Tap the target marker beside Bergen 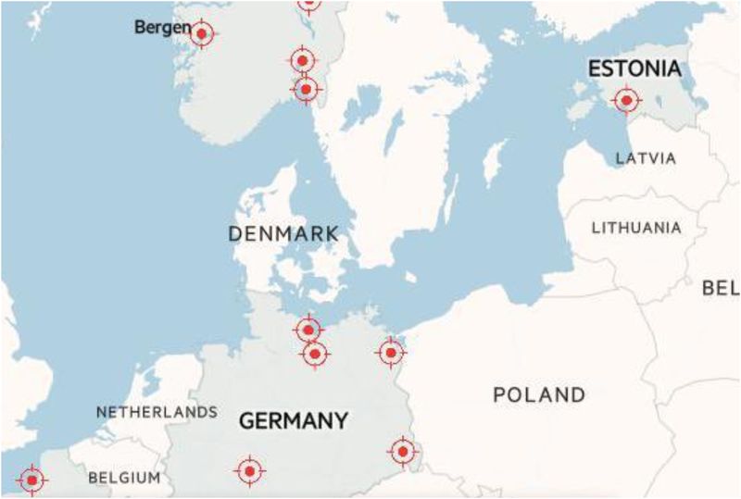[x=201, y=33]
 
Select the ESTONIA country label [x=635, y=69]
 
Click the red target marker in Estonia [x=627, y=99]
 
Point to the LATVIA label [x=646, y=158]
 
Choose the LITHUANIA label [x=636, y=227]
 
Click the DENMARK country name [x=283, y=233]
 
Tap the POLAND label [x=539, y=395]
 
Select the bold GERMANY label [x=294, y=420]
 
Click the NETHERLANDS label [x=157, y=411]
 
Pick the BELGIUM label [x=124, y=478]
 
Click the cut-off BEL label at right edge [x=721, y=288]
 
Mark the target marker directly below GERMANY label [x=249, y=470]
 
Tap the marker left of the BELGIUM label [x=31, y=480]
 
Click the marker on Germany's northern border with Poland [x=392, y=353]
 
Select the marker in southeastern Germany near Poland [x=403, y=451]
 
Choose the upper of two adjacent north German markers [x=308, y=329]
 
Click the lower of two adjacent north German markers [x=316, y=354]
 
